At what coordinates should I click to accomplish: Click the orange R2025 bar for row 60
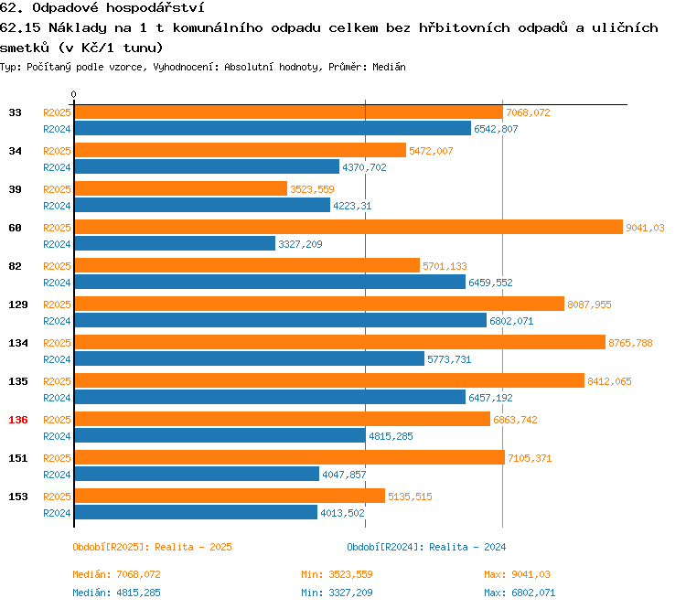(348, 228)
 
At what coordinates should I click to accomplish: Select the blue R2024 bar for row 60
(174, 243)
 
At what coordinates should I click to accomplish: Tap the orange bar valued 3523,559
(180, 189)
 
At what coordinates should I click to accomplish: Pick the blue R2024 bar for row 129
(280, 320)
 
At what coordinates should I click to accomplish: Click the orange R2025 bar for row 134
(339, 343)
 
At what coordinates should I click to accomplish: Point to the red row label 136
(16, 420)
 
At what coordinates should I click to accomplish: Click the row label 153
(16, 497)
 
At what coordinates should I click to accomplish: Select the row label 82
(16, 266)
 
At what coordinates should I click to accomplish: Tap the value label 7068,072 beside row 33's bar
(528, 112)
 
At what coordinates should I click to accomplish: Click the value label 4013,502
(343, 513)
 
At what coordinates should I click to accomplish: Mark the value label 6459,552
(490, 283)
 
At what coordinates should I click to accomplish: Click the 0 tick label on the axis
(74, 95)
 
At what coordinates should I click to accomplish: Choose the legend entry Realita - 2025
(152, 547)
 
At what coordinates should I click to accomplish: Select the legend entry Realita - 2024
(426, 547)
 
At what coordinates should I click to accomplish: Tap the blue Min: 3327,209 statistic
(337, 593)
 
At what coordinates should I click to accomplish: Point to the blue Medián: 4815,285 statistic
(116, 593)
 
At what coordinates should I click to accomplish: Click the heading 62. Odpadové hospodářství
(102, 8)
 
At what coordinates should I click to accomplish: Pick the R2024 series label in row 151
(57, 475)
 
